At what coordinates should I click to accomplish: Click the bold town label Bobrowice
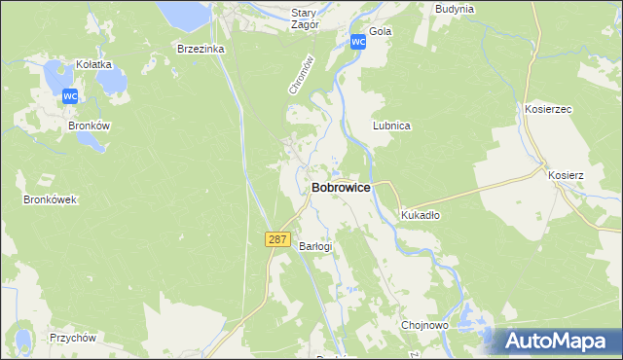(340, 187)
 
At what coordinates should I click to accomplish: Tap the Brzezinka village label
(201, 48)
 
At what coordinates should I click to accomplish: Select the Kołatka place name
(94, 64)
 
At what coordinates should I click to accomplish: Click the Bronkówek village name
(50, 199)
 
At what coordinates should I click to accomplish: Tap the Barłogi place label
(315, 246)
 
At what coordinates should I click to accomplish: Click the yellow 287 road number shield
(277, 239)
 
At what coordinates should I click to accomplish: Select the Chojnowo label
(424, 325)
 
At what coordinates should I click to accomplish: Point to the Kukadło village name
(421, 216)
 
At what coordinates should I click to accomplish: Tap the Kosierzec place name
(548, 110)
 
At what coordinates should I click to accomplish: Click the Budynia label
(455, 9)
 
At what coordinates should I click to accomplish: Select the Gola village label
(381, 31)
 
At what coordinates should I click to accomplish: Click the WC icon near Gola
(357, 42)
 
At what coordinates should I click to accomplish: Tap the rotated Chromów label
(303, 74)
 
